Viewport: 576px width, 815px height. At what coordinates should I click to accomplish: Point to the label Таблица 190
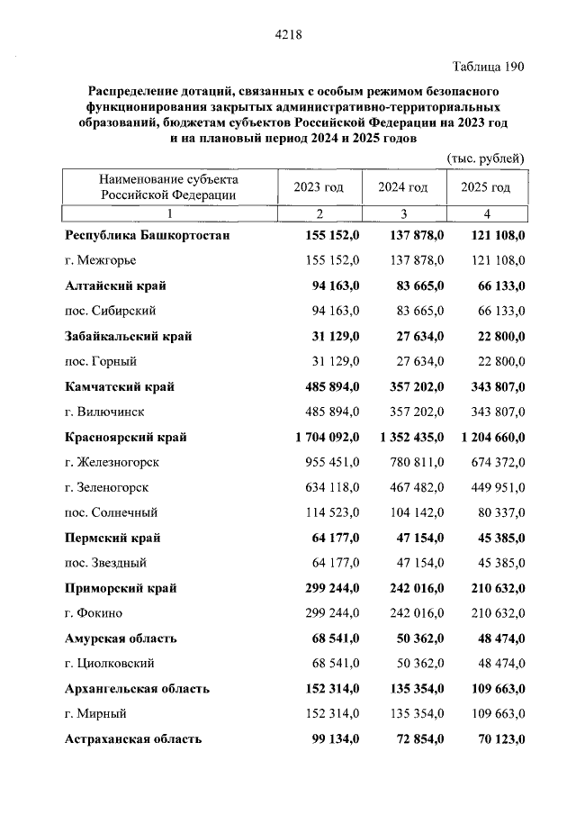coord(487,66)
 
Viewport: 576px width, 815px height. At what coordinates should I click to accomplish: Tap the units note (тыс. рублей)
coord(485,158)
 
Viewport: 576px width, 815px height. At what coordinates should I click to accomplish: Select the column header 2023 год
coord(319,187)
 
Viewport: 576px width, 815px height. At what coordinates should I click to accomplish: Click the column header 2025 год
coord(485,187)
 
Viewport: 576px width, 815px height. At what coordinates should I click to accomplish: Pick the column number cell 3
coord(403,213)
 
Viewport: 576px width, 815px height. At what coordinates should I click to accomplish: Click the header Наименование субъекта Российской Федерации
coord(168,186)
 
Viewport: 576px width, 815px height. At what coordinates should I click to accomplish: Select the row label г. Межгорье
coord(103,261)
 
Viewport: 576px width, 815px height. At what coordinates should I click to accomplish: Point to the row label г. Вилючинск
coord(105,412)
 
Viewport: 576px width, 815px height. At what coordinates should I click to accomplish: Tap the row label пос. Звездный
coord(112,563)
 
